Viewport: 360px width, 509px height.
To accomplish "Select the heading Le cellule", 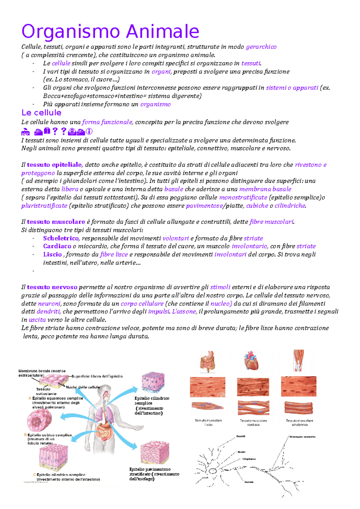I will pyautogui.click(x=41, y=113).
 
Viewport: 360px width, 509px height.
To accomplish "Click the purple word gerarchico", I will pyautogui.click(x=261, y=47).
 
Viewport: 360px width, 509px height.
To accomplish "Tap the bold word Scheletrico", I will pyautogui.click(x=61, y=238).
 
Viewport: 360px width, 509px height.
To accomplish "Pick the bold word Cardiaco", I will pyautogui.click(x=57, y=246).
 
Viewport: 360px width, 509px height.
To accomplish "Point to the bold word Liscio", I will pyautogui.click(x=52, y=255).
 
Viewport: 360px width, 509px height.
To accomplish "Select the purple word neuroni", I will pyautogui.click(x=49, y=303).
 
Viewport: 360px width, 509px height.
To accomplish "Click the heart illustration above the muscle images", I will pyautogui.click(x=251, y=361).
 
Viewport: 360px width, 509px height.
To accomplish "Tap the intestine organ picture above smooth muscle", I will pyautogui.click(x=208, y=361).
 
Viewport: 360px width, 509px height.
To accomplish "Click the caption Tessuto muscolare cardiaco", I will pyautogui.click(x=253, y=422).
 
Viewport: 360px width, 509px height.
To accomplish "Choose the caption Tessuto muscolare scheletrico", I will pyautogui.click(x=299, y=422).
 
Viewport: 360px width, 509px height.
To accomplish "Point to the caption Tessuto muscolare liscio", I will pyautogui.click(x=208, y=422).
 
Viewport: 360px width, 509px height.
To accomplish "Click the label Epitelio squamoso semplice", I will pyautogui.click(x=57, y=398).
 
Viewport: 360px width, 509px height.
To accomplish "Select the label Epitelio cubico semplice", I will pyautogui.click(x=49, y=435).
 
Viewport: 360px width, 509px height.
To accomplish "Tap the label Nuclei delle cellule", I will pyautogui.click(x=83, y=387).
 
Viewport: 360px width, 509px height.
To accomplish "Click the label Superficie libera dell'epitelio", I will pyautogui.click(x=97, y=376).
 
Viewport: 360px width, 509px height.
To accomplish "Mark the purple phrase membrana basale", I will pyautogui.click(x=265, y=189).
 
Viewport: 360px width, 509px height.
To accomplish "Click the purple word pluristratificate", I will pyautogui.click(x=44, y=206).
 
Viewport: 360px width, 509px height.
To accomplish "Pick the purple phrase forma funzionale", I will pyautogui.click(x=107, y=122).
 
